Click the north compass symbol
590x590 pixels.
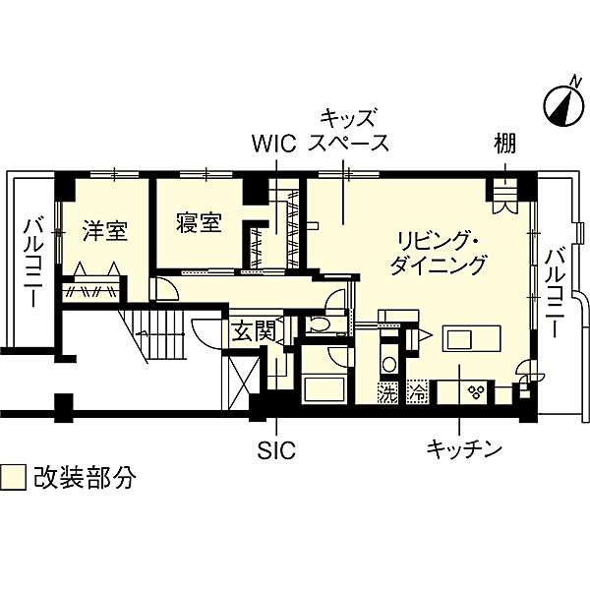[x=562, y=104]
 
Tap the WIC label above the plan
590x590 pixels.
[x=274, y=144]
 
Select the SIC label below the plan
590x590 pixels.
[x=276, y=449]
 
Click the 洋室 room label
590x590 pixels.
[x=105, y=231]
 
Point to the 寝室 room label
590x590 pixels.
[x=199, y=222]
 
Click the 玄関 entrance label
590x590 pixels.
[x=254, y=331]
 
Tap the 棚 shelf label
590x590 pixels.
[x=505, y=144]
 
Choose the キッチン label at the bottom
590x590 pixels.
[x=464, y=449]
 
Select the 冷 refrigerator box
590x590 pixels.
[x=417, y=392]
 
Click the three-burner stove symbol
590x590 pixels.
[x=475, y=392]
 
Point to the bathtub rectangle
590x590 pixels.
[x=324, y=389]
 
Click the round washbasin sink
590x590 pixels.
[x=388, y=364]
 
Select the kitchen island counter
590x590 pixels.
[x=472, y=338]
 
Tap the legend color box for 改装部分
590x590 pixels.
[x=13, y=478]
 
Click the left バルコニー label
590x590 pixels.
[x=33, y=263]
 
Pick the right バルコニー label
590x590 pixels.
[x=555, y=292]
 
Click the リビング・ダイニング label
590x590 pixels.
[x=438, y=254]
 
